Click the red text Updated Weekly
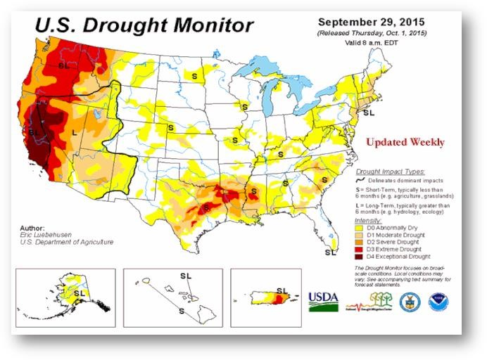(405, 142)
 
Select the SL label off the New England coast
(368, 112)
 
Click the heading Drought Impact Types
(388, 171)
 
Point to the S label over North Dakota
(194, 75)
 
